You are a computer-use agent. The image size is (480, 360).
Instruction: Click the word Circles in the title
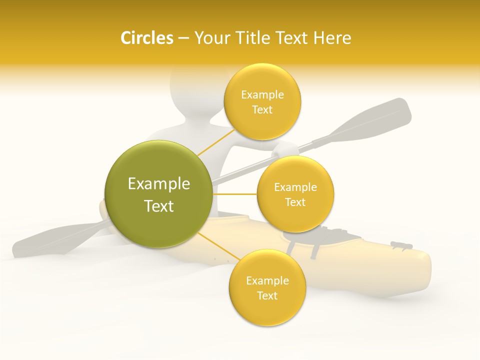(x=146, y=38)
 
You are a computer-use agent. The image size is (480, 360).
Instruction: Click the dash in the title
(x=183, y=38)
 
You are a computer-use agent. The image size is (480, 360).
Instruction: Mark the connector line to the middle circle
(x=234, y=194)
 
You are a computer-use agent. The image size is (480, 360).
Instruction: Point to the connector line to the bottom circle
(x=218, y=246)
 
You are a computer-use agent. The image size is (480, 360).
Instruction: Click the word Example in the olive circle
(x=159, y=184)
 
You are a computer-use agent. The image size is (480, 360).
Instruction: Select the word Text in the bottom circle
(x=267, y=295)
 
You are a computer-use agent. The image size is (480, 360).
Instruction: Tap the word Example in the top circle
(x=262, y=94)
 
